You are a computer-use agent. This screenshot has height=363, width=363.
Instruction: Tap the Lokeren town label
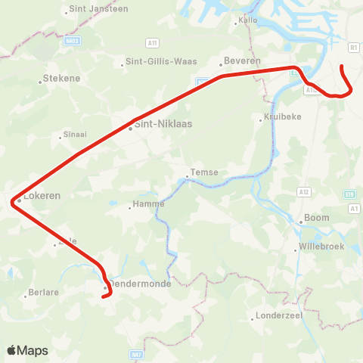[42, 195]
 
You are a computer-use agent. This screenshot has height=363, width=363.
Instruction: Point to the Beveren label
[244, 60]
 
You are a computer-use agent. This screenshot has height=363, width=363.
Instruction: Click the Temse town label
[204, 172]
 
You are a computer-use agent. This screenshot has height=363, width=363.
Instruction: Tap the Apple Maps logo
[28, 350]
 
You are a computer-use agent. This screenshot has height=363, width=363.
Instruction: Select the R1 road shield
[354, 47]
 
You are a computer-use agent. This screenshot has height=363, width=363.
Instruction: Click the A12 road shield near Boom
[305, 192]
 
